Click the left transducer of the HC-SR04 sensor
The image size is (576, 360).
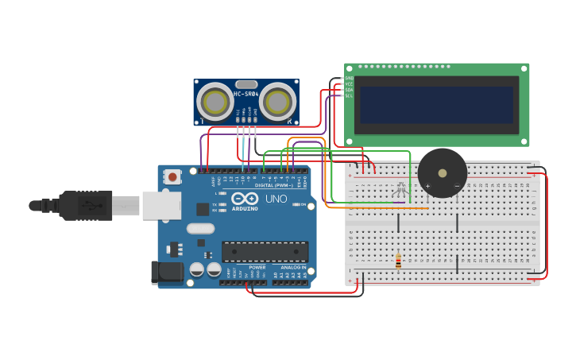[215, 102]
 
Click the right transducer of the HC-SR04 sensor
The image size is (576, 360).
[277, 102]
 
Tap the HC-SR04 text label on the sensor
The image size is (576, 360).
[245, 95]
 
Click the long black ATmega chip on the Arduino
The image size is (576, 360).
[265, 252]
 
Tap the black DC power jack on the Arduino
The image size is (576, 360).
[168, 272]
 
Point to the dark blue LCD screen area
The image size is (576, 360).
[436, 105]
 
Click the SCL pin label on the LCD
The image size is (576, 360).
[348, 96]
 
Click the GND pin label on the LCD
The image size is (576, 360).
[348, 78]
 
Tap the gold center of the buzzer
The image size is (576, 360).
[443, 173]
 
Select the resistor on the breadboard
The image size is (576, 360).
[398, 261]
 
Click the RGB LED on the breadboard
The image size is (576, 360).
[400, 190]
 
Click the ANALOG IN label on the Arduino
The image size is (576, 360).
[292, 267]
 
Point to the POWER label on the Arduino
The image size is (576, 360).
[257, 267]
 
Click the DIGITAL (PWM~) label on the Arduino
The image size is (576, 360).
[274, 185]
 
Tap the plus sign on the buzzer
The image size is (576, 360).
[427, 187]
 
